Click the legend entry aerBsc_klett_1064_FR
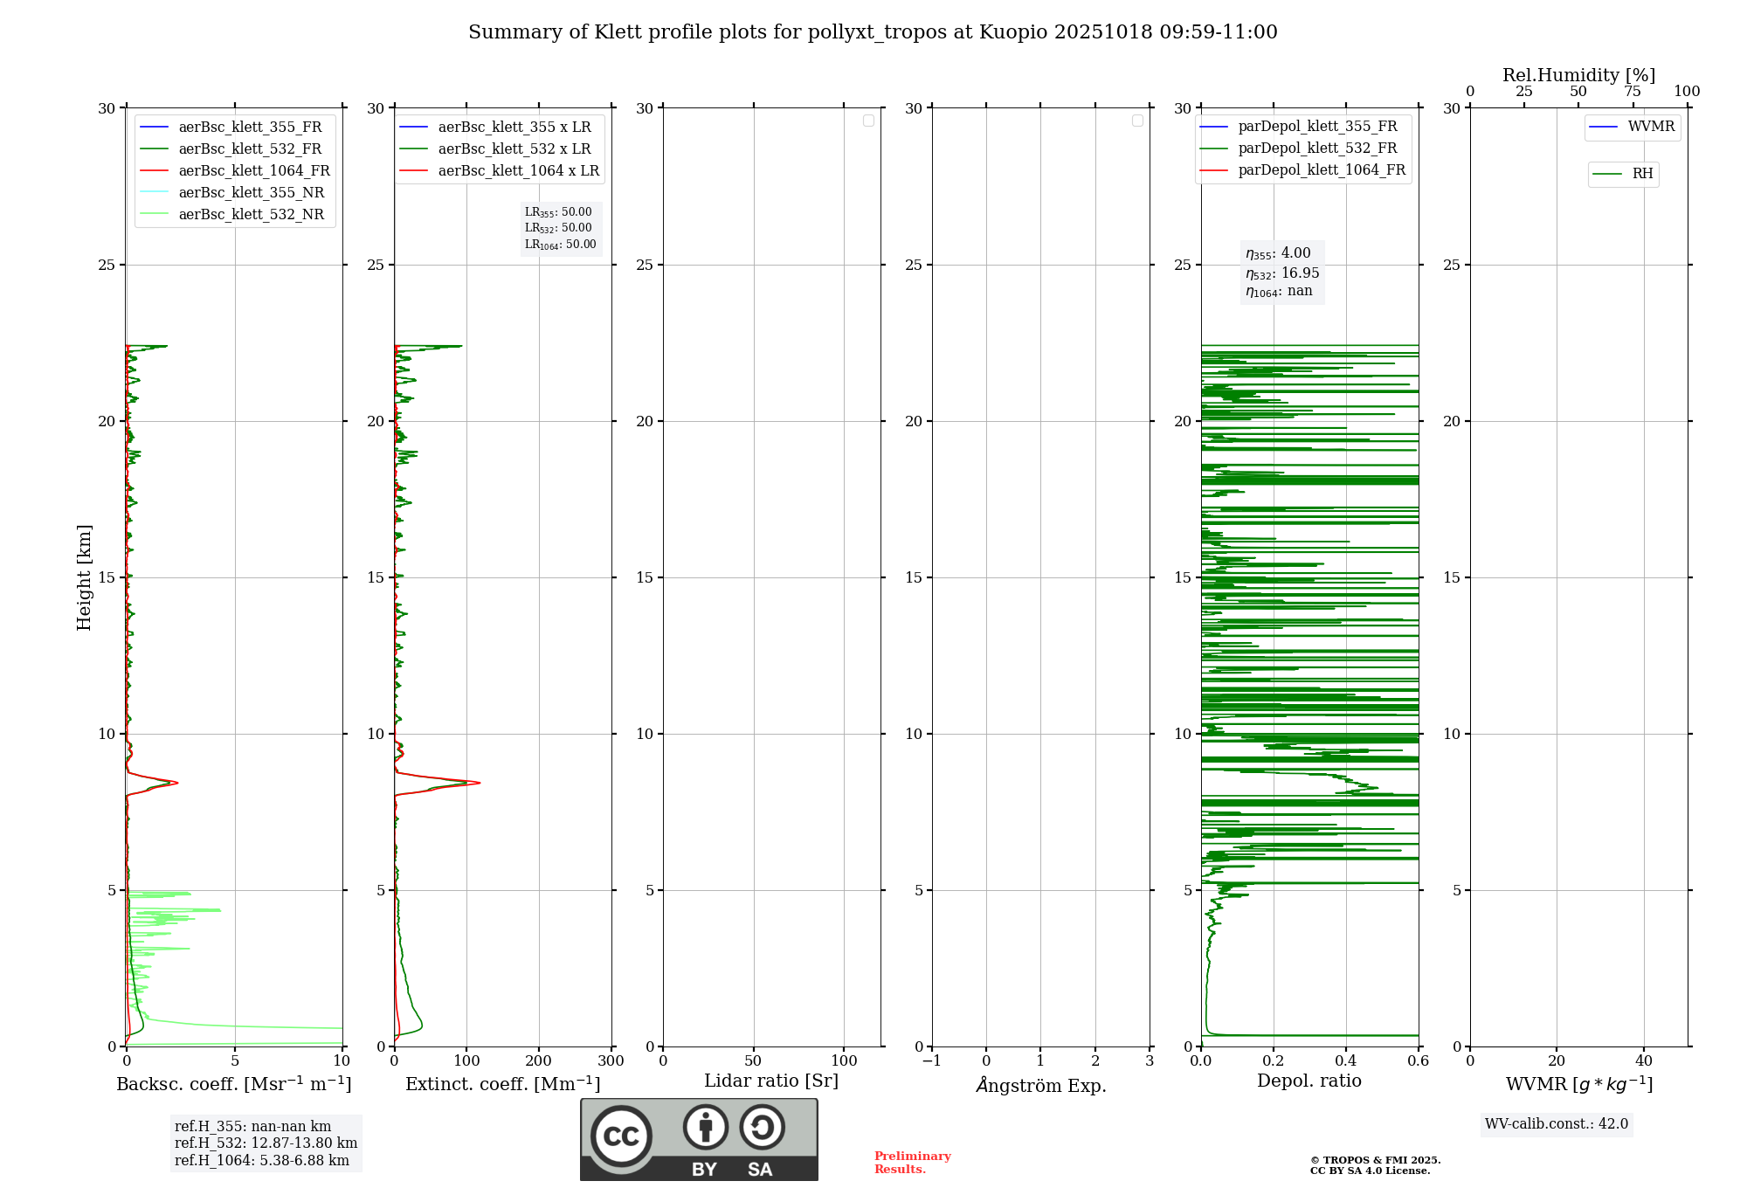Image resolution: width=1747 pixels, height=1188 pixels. [253, 170]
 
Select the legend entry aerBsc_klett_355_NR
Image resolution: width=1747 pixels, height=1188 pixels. [251, 192]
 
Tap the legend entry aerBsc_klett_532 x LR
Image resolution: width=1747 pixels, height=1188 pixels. [514, 148]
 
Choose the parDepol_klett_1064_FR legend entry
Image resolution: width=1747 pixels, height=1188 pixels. [1321, 169]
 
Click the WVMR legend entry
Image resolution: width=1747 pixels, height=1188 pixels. [1650, 127]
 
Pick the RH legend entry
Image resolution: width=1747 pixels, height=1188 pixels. [1641, 174]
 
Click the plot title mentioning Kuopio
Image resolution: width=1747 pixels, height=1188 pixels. [873, 32]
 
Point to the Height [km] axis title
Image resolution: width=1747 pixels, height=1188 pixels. [84, 577]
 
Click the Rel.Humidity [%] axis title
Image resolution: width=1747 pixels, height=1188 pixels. [1578, 75]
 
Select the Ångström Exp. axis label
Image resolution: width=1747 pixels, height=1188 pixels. [1040, 1085]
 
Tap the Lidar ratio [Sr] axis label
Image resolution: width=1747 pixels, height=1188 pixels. [771, 1081]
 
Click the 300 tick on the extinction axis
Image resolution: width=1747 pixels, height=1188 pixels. [611, 1061]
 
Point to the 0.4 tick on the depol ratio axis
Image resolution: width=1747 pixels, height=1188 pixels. [1346, 1061]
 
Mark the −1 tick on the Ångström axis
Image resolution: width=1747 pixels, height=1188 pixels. [932, 1061]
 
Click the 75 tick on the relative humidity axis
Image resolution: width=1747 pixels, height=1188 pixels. [1632, 92]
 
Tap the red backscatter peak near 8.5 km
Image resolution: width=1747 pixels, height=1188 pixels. [176, 782]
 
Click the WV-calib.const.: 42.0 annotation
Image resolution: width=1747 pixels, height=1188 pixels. [1557, 1123]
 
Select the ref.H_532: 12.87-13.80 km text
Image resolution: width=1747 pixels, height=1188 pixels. [266, 1143]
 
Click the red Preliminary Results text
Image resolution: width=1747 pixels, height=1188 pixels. [912, 1163]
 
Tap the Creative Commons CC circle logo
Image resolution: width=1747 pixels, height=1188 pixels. [621, 1136]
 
